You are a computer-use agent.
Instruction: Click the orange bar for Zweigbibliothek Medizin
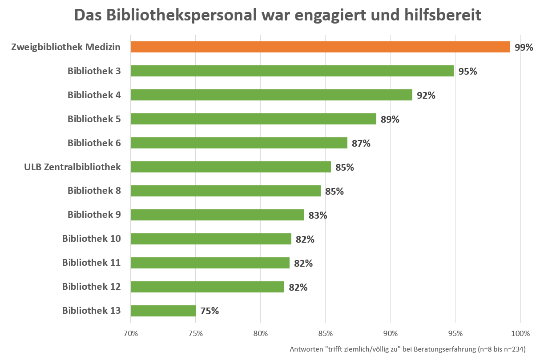click(320, 47)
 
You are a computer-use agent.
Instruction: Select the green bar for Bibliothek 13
click(163, 311)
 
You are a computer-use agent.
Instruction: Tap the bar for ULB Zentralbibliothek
click(231, 167)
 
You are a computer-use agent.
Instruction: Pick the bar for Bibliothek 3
click(292, 71)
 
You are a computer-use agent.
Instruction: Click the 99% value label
click(524, 48)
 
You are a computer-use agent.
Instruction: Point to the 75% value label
click(210, 311)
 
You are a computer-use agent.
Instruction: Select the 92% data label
click(426, 95)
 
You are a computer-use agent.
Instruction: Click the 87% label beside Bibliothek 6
click(361, 143)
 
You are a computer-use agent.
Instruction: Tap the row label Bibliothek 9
click(94, 214)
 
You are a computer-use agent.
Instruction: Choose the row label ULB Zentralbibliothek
click(73, 167)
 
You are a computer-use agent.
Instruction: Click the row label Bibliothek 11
click(92, 262)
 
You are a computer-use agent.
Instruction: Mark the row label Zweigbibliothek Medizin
click(66, 47)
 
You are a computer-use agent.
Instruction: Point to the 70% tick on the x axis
click(130, 333)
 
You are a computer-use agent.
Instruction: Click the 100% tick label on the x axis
click(520, 333)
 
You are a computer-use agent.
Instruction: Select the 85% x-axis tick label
click(325, 333)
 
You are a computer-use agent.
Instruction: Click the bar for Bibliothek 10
click(211, 239)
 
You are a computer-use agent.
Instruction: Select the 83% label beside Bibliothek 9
click(318, 215)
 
